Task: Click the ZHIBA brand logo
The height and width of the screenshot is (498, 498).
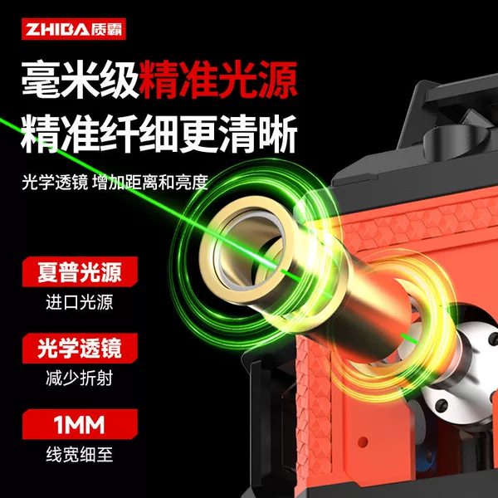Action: [74, 29]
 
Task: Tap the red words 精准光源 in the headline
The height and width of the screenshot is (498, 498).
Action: [217, 80]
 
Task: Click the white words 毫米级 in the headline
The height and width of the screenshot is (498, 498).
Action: [80, 80]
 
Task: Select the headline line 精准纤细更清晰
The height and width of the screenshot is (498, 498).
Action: [159, 134]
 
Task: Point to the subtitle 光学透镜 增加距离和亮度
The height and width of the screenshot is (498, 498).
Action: [115, 182]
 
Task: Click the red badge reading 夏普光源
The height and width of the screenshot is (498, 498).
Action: [80, 272]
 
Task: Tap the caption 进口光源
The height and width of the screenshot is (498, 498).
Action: [80, 302]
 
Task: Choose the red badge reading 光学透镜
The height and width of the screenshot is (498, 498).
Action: [80, 348]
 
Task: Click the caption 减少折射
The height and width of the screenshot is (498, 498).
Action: [80, 378]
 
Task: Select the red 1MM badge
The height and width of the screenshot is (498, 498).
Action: [80, 424]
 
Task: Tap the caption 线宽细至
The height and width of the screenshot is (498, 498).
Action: [80, 455]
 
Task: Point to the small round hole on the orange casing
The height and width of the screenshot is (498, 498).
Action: [363, 442]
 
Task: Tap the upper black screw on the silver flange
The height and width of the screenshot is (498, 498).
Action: [493, 339]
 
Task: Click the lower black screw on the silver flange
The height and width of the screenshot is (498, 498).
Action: [442, 405]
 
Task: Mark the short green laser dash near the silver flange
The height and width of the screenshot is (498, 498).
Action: [409, 339]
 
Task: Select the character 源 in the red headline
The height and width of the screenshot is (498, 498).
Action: [277, 80]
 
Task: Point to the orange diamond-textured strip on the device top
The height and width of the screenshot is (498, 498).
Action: [419, 222]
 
